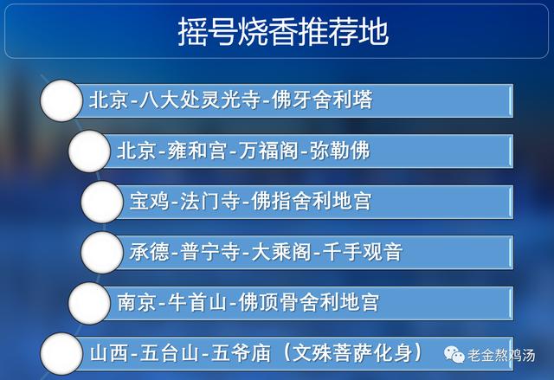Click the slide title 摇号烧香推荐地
pyautogui.click(x=283, y=32)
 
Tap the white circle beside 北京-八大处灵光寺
pyautogui.click(x=61, y=100)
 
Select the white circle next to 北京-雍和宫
pyautogui.click(x=89, y=151)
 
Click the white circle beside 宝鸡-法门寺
pyautogui.click(x=102, y=202)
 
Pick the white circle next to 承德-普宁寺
pyautogui.click(x=102, y=252)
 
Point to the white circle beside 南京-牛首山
pyautogui.click(x=89, y=303)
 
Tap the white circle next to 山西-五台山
pyautogui.click(x=61, y=353)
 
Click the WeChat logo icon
pyautogui.click(x=454, y=354)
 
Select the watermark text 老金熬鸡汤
pyautogui.click(x=501, y=355)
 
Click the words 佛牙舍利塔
pyautogui.click(x=322, y=100)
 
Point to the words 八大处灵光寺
pyautogui.click(x=200, y=100)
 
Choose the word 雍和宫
pyautogui.click(x=196, y=151)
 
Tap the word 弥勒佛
pyautogui.click(x=340, y=151)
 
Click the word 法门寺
pyautogui.click(x=210, y=202)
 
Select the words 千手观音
pyautogui.click(x=363, y=252)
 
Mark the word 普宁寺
pyautogui.click(x=210, y=252)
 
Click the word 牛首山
pyautogui.click(x=196, y=302)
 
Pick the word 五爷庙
pyautogui.click(x=241, y=353)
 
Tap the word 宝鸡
pyautogui.click(x=150, y=202)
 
